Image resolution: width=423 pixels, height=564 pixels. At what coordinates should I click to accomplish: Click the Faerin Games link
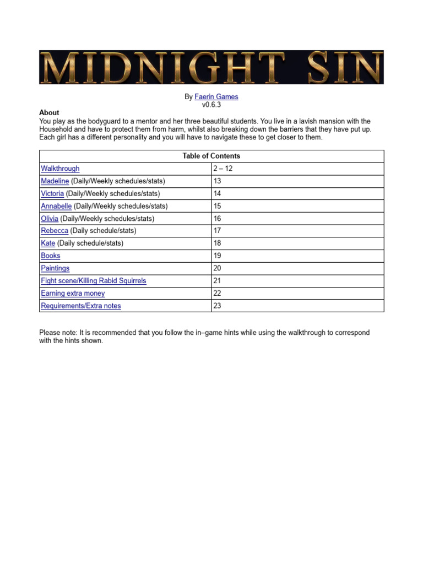click(x=216, y=96)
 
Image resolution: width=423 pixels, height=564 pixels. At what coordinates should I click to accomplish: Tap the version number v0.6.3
click(x=211, y=104)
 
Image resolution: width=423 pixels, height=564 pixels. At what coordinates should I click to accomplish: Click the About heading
click(x=49, y=112)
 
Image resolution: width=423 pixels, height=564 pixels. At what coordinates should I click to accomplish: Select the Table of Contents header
click(x=211, y=156)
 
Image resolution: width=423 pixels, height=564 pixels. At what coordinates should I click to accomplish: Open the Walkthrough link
click(x=60, y=169)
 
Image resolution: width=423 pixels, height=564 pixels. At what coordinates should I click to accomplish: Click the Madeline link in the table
click(x=55, y=181)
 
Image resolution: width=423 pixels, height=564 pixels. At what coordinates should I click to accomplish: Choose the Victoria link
click(x=52, y=193)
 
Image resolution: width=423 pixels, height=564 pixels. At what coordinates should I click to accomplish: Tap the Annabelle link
click(x=56, y=206)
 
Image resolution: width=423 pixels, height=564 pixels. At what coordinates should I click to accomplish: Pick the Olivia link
click(x=50, y=219)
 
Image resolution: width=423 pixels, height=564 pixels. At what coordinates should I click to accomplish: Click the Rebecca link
click(x=55, y=231)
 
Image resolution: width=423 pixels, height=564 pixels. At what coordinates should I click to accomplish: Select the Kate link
click(x=48, y=243)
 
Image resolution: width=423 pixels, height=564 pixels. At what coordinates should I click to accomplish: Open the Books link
click(x=51, y=256)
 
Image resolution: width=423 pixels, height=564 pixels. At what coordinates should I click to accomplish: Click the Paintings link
click(x=55, y=268)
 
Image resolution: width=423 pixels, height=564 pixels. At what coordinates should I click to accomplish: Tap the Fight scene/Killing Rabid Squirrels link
click(x=94, y=280)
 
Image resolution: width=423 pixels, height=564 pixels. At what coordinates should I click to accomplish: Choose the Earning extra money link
click(x=73, y=293)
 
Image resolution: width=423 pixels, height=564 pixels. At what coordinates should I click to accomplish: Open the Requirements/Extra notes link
click(x=81, y=306)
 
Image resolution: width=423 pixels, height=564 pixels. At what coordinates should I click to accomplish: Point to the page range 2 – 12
click(x=223, y=169)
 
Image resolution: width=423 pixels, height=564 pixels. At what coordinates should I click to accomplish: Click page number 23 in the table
click(x=217, y=306)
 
